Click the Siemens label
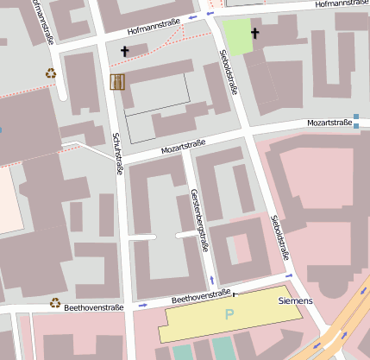[295, 301]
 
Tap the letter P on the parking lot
[229, 315]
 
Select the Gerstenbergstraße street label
[199, 219]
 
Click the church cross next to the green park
[254, 34]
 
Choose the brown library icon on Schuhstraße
[117, 81]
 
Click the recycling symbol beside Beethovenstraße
[54, 303]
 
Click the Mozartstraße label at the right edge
[330, 123]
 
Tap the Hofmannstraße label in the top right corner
[342, 4]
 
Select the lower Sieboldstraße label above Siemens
[279, 237]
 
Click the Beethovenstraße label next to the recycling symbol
[94, 306]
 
